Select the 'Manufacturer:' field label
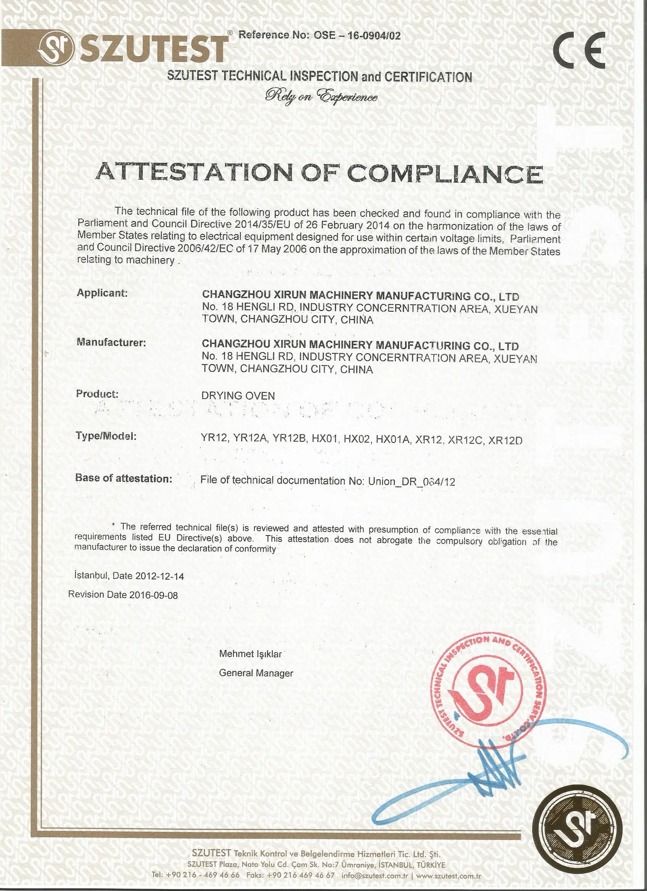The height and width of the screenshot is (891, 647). point(111,343)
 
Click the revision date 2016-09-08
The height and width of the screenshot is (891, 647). point(153,595)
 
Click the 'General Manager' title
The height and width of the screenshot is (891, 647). point(256,673)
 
